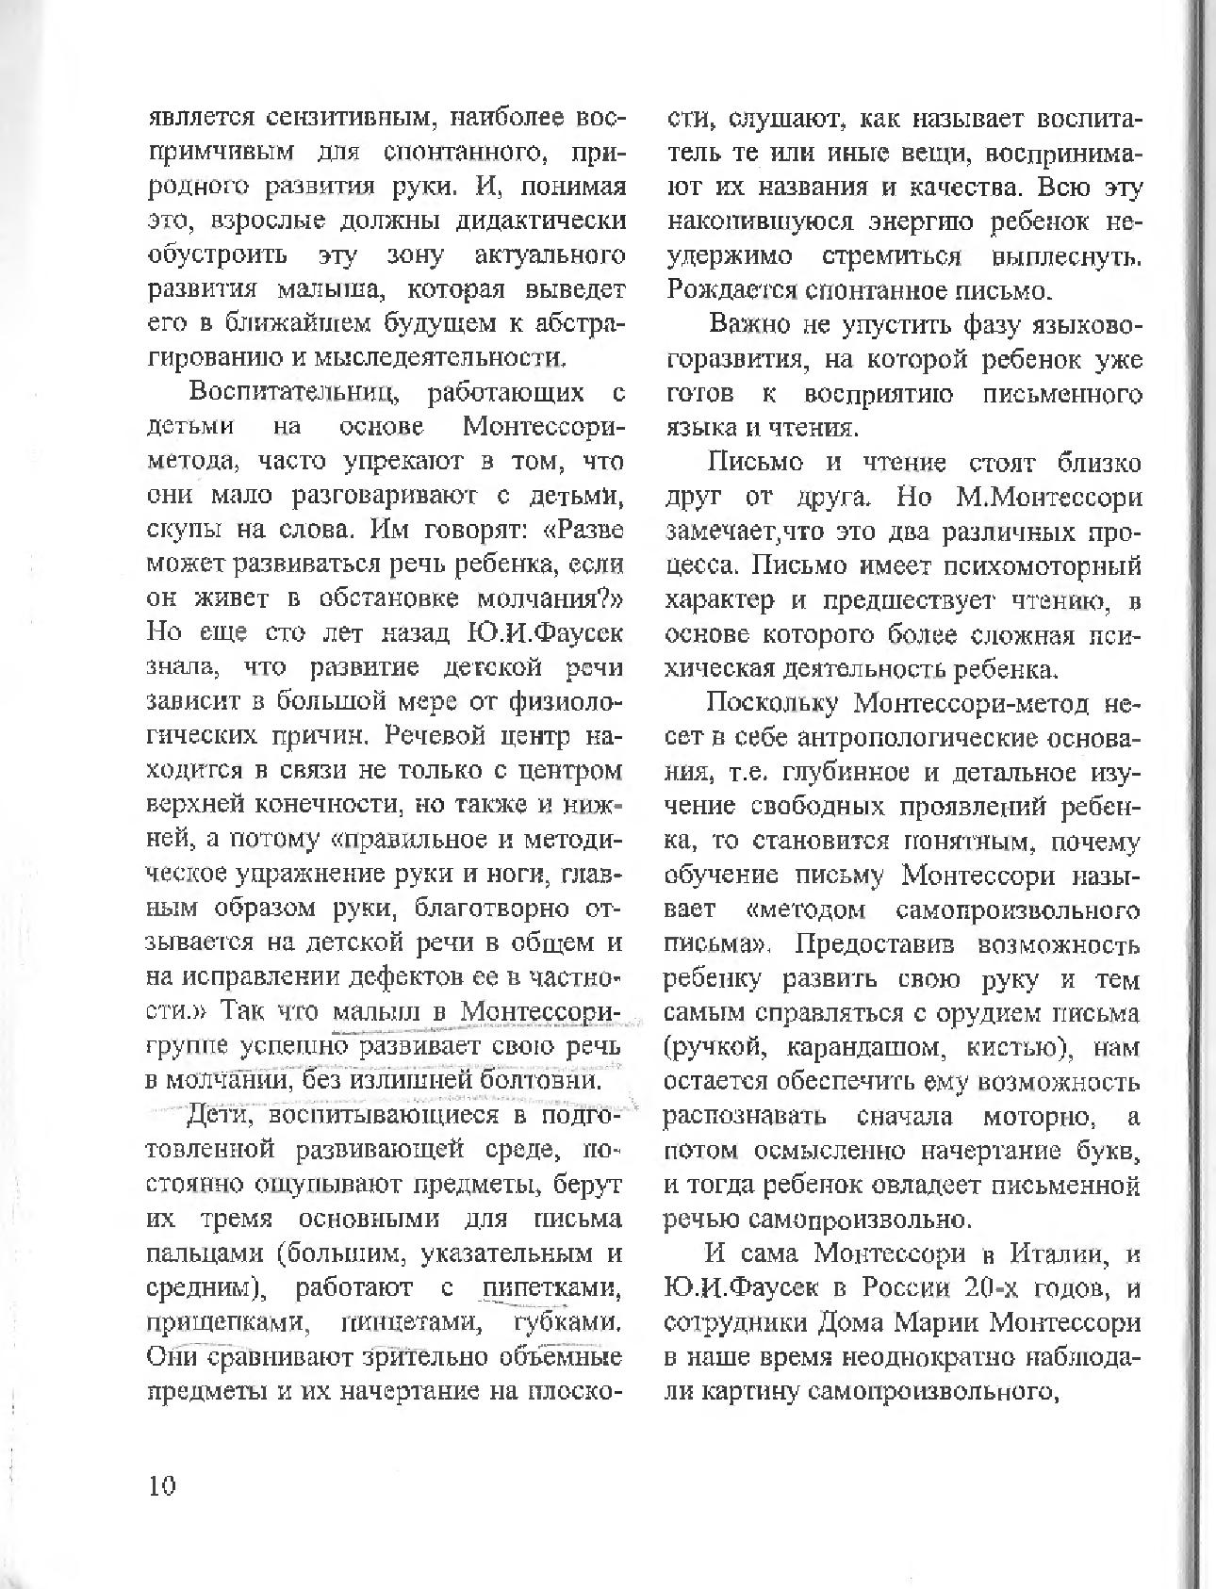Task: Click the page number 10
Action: [161, 1486]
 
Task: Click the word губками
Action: [566, 1322]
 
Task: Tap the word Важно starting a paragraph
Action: [747, 326]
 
